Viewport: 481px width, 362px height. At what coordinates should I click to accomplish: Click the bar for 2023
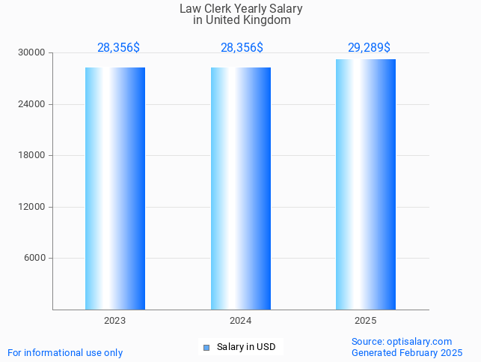115,188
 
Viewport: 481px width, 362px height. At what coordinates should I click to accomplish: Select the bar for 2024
241,188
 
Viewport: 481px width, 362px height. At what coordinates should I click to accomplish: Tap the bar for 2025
366,184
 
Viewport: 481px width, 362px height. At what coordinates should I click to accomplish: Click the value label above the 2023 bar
118,48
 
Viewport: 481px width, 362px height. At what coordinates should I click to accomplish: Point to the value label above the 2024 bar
242,48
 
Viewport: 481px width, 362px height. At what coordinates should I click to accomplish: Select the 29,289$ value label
369,48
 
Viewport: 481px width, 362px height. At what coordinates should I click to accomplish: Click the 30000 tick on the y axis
32,53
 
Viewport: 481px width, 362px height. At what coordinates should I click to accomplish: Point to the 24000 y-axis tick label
32,104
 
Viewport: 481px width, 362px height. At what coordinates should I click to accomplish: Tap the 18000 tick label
32,156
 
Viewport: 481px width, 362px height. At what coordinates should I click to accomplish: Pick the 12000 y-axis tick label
32,207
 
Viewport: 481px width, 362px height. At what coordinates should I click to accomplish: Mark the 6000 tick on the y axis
34,259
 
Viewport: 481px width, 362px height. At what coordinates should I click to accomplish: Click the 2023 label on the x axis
114,321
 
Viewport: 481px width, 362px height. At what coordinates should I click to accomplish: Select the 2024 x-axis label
241,321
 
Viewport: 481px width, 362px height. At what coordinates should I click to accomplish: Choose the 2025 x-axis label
366,321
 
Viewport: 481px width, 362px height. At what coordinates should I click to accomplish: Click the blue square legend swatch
206,347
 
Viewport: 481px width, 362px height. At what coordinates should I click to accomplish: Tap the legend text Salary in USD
246,347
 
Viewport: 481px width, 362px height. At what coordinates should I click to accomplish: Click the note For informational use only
65,353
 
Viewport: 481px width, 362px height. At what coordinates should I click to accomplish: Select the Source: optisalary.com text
402,342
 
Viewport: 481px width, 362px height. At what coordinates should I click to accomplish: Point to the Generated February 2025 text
407,353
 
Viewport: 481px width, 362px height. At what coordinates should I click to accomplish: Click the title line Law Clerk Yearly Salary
241,9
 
